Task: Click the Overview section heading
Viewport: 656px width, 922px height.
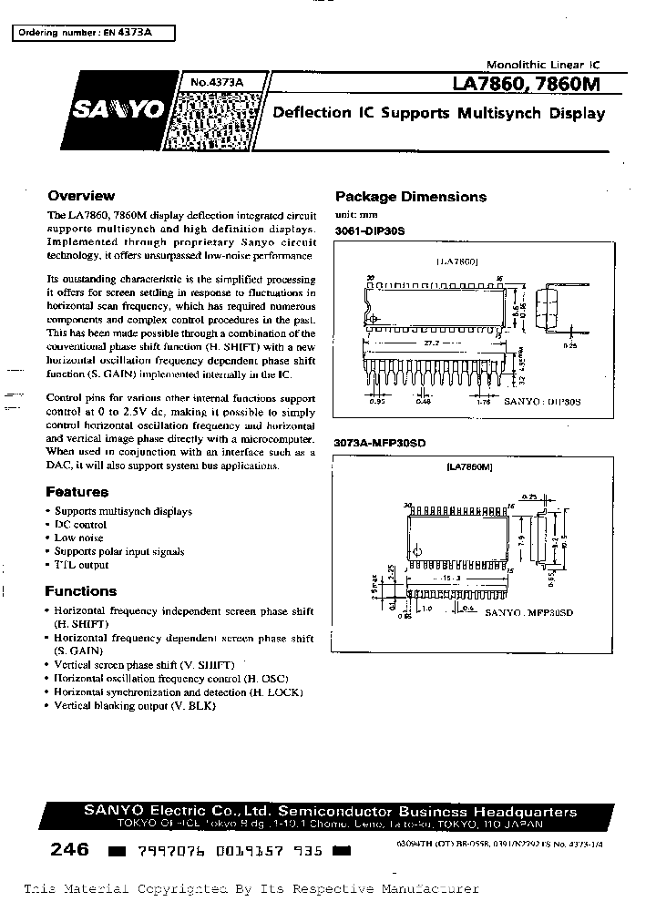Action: (81, 196)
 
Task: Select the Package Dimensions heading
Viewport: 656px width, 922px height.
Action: (411, 197)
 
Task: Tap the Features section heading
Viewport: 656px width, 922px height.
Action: (77, 492)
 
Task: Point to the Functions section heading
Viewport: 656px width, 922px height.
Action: (81, 590)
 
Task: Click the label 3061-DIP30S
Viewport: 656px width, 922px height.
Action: (370, 231)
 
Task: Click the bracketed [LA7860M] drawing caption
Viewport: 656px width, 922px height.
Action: (470, 467)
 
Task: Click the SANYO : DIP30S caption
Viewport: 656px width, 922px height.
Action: (543, 401)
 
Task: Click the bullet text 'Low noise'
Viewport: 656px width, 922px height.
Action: (80, 538)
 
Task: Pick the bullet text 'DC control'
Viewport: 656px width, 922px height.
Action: (80, 525)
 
